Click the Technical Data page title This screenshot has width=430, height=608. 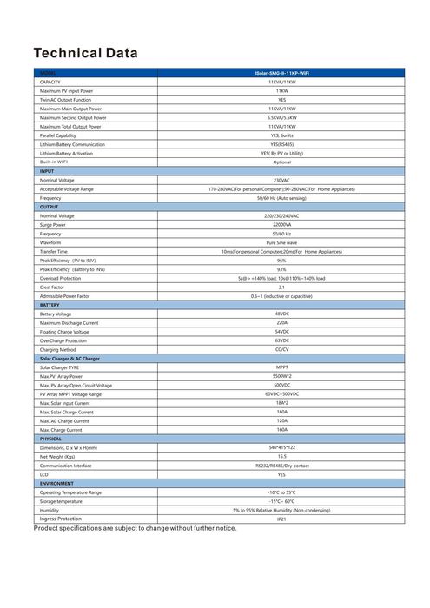(x=85, y=54)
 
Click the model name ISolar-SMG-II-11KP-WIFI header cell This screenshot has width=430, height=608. (x=281, y=72)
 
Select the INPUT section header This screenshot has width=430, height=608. (x=47, y=171)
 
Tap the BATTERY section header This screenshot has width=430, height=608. (x=50, y=305)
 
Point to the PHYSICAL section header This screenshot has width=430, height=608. (x=51, y=439)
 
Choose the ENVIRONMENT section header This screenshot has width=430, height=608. (x=56, y=483)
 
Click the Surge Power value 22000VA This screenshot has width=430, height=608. (x=281, y=224)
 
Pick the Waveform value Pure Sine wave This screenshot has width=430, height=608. (x=281, y=242)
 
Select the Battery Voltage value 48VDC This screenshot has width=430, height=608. (x=281, y=314)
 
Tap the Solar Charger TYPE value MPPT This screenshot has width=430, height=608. (x=281, y=367)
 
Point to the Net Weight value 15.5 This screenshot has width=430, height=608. (x=281, y=456)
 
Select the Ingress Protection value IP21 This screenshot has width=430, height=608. (x=281, y=519)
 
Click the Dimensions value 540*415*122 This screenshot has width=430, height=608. (x=281, y=447)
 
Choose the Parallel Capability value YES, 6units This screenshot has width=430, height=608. (x=281, y=135)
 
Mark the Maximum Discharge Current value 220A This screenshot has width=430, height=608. (x=281, y=322)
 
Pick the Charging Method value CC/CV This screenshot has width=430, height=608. (x=281, y=349)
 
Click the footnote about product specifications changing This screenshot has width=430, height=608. (x=135, y=528)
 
